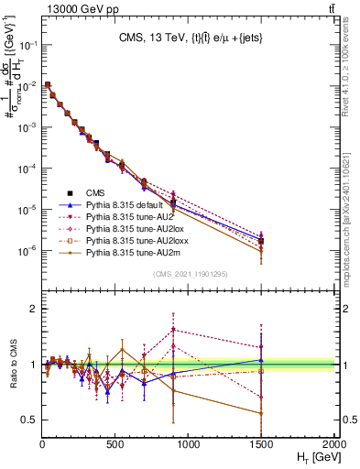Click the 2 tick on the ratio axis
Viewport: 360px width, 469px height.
33,309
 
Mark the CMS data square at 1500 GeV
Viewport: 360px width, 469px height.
261,242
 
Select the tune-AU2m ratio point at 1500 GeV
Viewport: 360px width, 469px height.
261,413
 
